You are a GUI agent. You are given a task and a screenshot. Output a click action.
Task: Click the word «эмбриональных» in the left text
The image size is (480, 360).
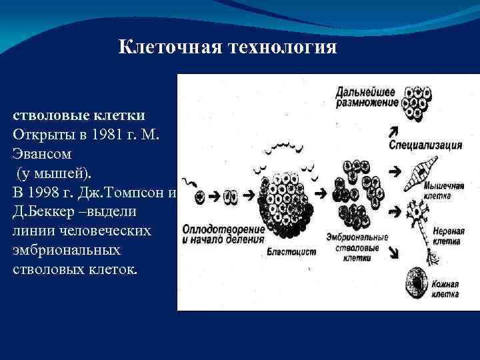coord(67,250)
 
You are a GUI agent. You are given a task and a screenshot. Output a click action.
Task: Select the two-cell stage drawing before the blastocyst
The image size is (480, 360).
coord(231,197)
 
